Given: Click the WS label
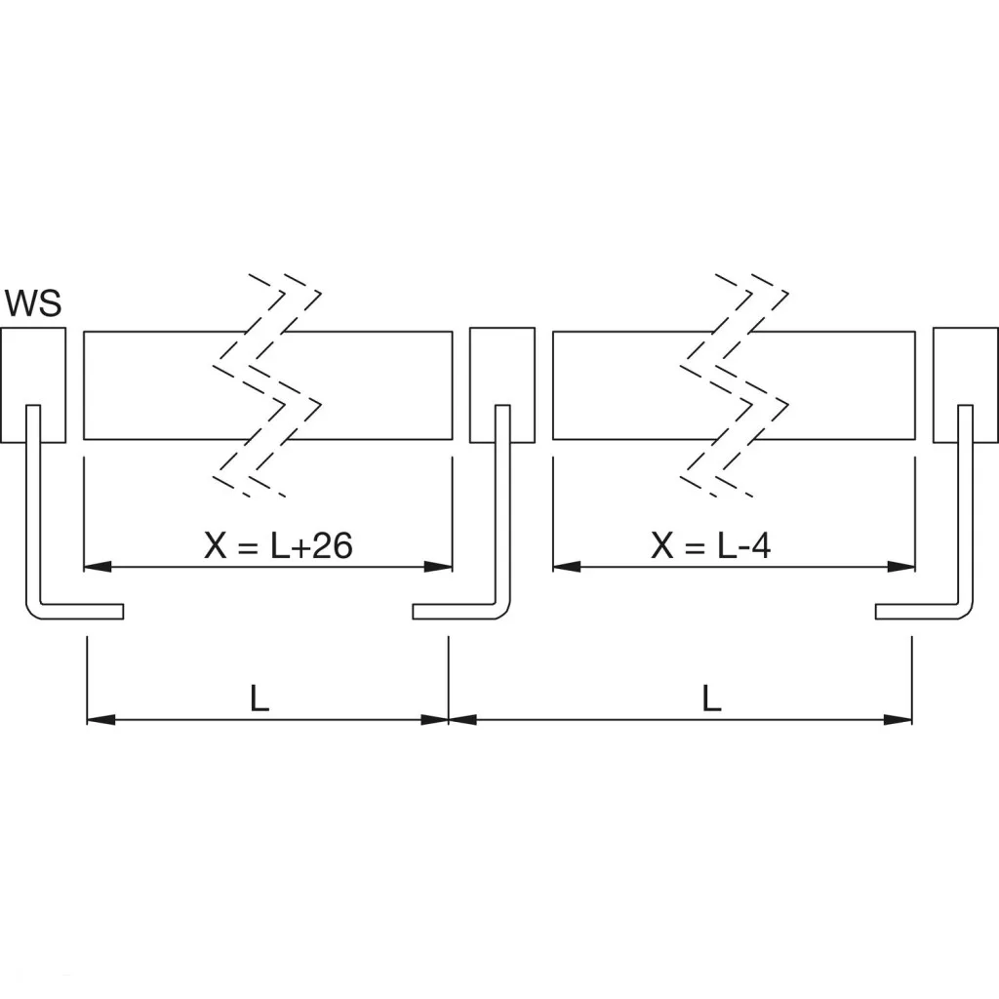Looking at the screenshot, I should (x=33, y=303).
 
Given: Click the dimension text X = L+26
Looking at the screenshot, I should (x=278, y=545).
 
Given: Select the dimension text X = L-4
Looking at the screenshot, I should (x=711, y=545).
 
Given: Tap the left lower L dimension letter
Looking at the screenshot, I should (x=260, y=699).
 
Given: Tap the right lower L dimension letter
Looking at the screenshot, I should (x=712, y=699).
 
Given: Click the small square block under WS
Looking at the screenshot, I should (x=33, y=384).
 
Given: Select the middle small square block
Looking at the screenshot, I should (x=502, y=384).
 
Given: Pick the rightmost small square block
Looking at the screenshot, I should (x=965, y=384).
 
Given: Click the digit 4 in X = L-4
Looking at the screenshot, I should (x=761, y=545).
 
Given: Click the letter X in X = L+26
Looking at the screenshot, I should (x=215, y=545).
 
